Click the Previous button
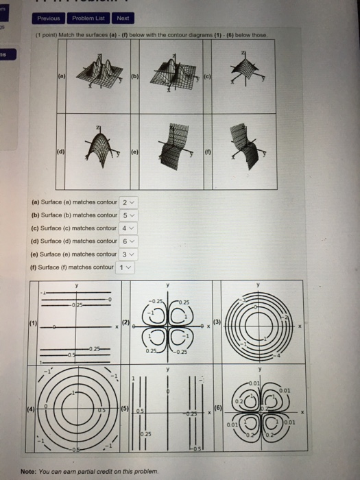pos(48,19)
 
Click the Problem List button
pos(88,19)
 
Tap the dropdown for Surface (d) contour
pos(128,241)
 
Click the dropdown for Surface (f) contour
pos(124,267)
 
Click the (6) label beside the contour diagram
pos(219,409)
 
